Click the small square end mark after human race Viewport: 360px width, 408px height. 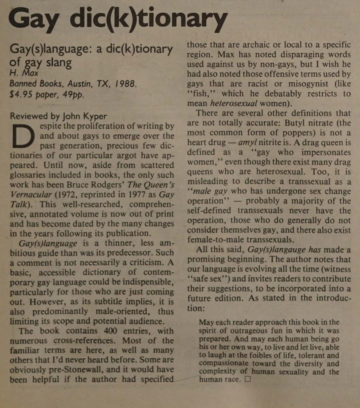point(248,379)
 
